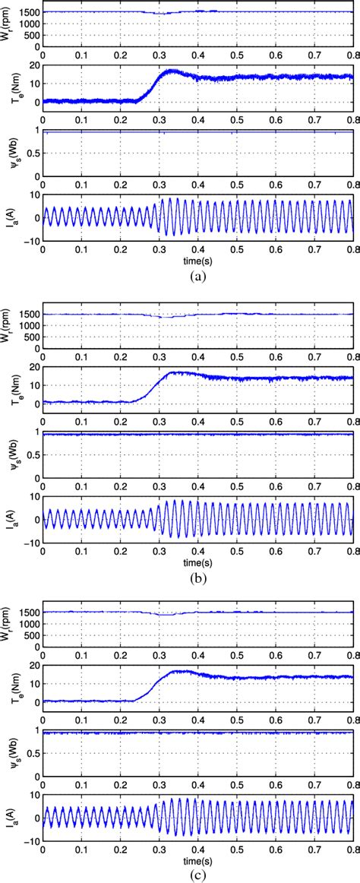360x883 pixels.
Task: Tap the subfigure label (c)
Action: [x=198, y=875]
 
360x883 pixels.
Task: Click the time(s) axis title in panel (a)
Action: [x=198, y=259]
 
